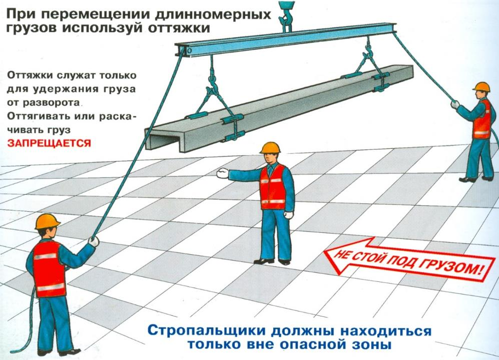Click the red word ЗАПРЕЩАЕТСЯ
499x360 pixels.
49,143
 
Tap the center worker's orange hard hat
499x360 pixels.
270,148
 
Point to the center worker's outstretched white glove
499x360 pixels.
222,173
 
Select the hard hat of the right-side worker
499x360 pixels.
481,87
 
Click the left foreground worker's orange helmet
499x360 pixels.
47,221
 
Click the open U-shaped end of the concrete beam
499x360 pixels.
164,140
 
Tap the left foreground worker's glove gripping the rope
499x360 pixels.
94,241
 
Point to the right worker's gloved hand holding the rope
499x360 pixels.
455,105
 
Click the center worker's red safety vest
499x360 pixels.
273,188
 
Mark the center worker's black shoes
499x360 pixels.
272,262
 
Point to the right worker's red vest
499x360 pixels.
482,119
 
